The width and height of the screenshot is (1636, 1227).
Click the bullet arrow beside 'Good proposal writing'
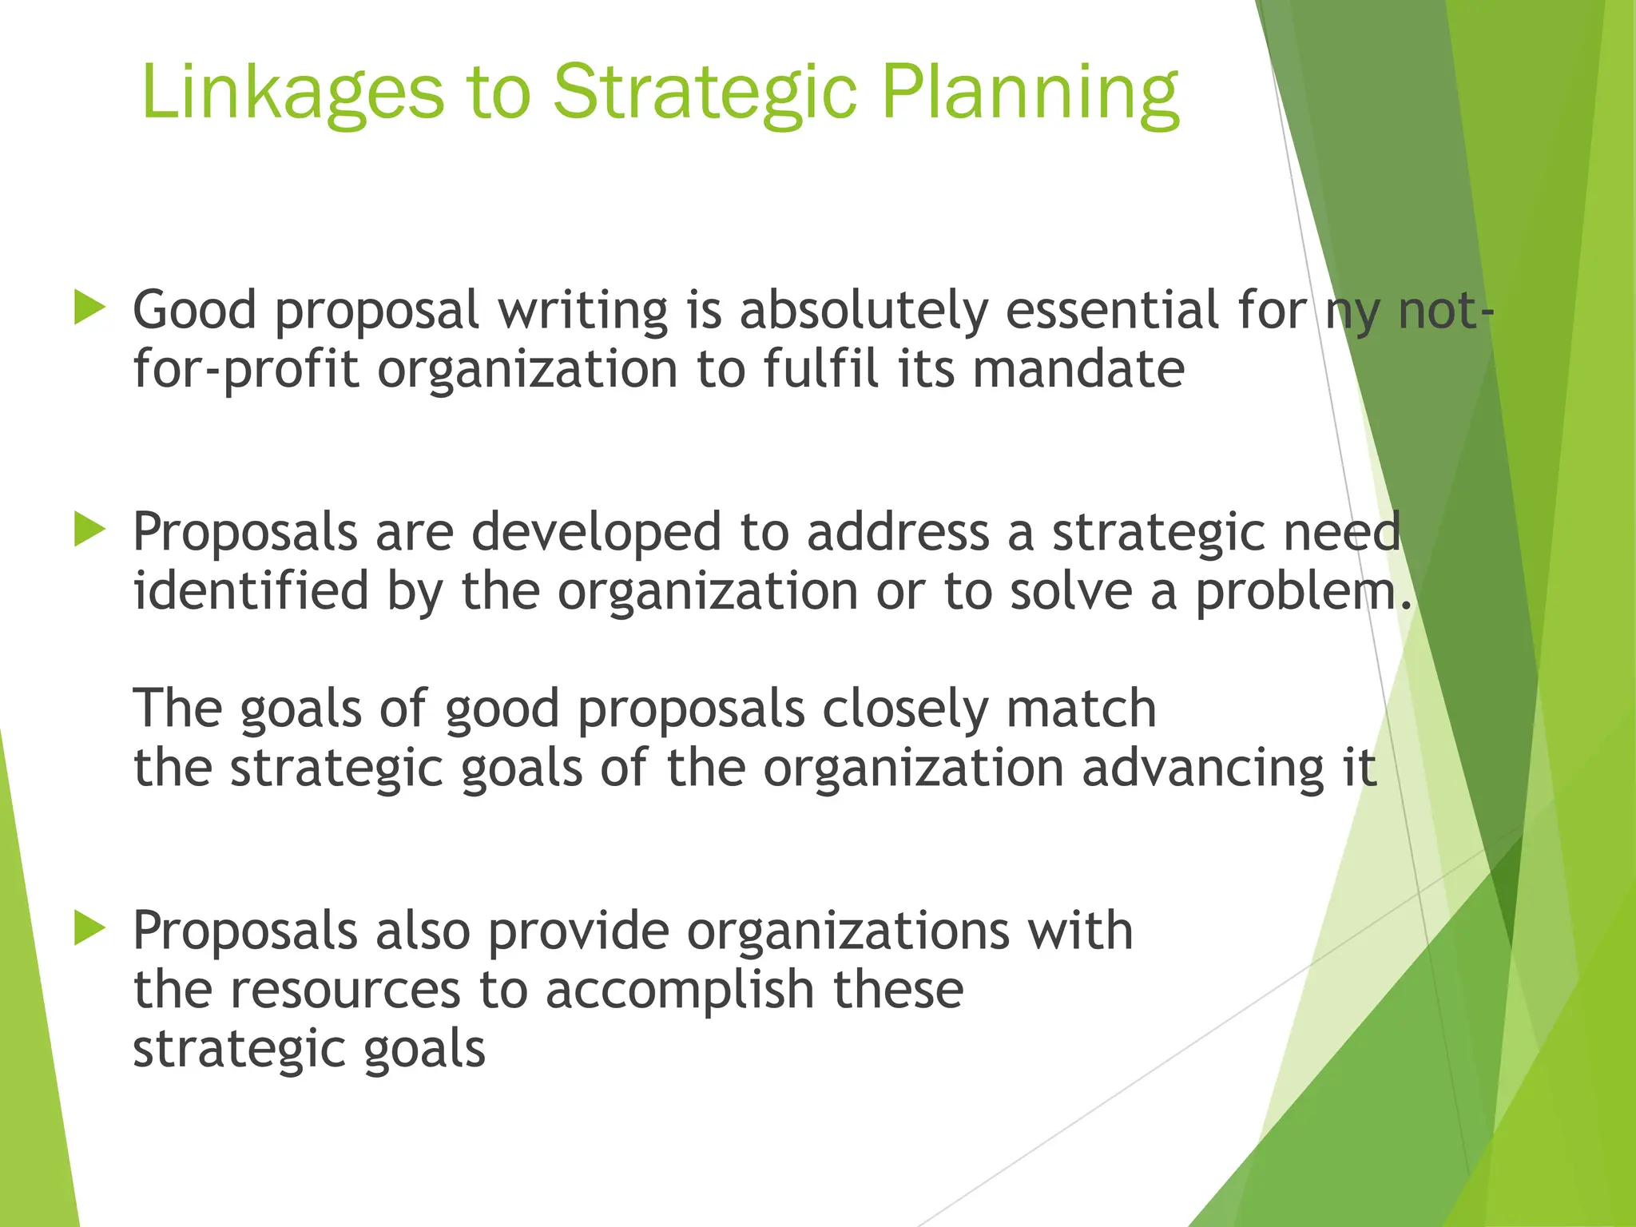(89, 308)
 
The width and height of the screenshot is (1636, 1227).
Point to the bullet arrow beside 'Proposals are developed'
(89, 530)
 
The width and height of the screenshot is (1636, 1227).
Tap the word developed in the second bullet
(596, 532)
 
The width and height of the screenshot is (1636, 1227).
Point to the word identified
(251, 591)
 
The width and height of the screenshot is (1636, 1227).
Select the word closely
(904, 709)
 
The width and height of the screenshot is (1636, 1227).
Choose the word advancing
(1202, 768)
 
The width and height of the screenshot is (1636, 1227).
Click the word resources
(345, 991)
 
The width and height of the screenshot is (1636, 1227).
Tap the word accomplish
(680, 991)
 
